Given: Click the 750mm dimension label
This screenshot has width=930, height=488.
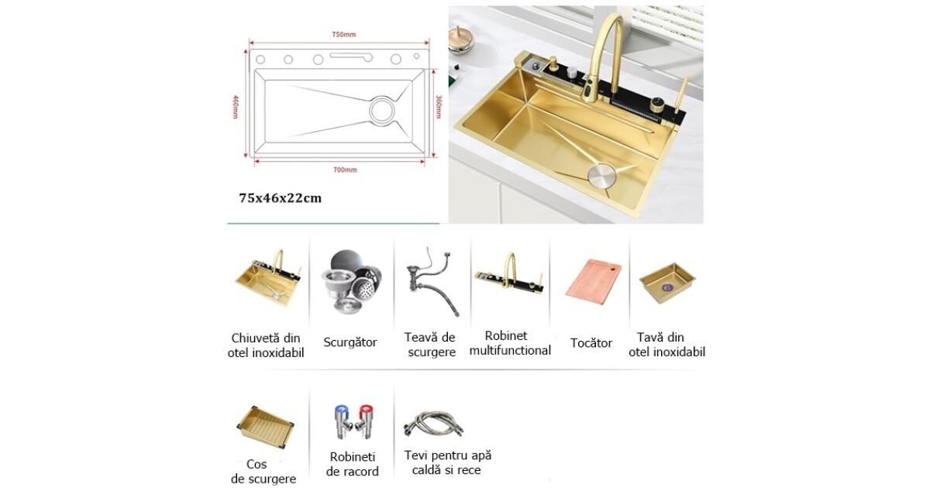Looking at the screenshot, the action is coord(344,34).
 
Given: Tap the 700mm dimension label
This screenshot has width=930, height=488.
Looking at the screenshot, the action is coord(345,170).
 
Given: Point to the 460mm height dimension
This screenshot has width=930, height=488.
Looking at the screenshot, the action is coord(236,107).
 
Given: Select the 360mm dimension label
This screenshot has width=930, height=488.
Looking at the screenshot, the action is coord(439,107).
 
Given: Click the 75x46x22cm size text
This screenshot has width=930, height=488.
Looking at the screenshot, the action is coord(281,198).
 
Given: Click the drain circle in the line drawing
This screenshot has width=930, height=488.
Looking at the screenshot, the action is coord(382,110).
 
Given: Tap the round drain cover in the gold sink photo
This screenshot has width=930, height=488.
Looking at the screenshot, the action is coord(602,175).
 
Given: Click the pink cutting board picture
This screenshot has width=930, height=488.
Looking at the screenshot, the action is coord(594,284).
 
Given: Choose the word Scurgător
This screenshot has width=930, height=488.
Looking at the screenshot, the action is coord(350,342).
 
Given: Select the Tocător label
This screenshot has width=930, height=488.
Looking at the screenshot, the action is coord(591,343).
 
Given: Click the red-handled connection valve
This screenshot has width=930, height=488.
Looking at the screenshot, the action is coord(365,421).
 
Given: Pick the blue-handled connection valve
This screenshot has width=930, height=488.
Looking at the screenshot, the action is coord(343,421).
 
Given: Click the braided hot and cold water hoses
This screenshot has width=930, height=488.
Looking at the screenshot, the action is coord(433,424).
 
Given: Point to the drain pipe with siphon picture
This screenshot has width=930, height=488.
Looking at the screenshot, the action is coord(432,282).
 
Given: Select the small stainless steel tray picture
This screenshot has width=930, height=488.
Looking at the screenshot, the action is coord(667,283).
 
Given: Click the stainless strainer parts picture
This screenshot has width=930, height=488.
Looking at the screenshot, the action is coord(351,281).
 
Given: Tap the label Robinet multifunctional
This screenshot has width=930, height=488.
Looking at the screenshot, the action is coord(510,343).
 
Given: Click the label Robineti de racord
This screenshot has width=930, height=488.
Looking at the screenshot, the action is coord(353,464).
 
